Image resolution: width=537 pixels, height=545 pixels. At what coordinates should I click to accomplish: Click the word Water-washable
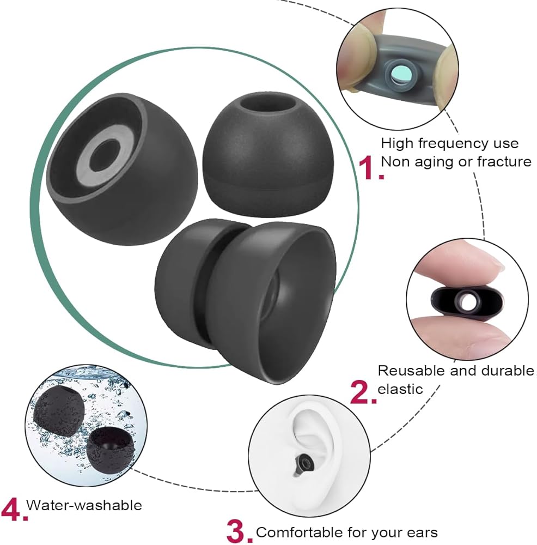point(84,506)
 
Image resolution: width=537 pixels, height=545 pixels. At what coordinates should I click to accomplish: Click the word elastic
point(400,389)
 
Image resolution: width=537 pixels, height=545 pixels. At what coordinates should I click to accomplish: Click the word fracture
point(504,161)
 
